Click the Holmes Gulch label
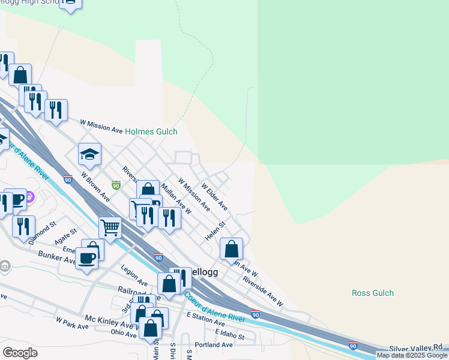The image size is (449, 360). pos(151,131)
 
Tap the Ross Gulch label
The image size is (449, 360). pos(372,293)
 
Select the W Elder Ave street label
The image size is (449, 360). pos(214,197)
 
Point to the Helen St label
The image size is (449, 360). pos(215,231)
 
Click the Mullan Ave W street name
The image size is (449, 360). pos(176,199)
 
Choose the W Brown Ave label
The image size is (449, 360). pos(96,187)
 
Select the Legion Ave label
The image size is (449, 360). pos(134,274)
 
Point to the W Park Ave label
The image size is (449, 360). pos(72,324)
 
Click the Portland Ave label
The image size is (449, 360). pos(217,345)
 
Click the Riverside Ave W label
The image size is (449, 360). pos(262,288)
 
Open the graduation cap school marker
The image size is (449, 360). pos(89,155)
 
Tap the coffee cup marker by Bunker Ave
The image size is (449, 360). pos(87,258)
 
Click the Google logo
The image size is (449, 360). pos(20,353)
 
